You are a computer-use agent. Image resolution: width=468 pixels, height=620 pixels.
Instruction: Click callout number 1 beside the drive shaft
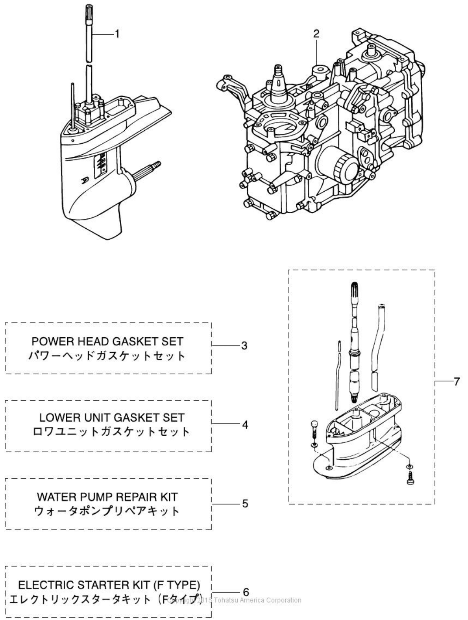point(116,34)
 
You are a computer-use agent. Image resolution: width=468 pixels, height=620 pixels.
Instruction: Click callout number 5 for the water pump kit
point(245,503)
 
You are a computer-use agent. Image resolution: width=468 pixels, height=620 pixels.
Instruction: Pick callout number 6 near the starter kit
point(246,592)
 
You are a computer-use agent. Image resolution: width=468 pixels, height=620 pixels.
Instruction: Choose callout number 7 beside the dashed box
point(456,382)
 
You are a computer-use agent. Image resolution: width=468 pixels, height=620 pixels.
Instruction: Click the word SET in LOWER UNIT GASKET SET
point(174,417)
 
